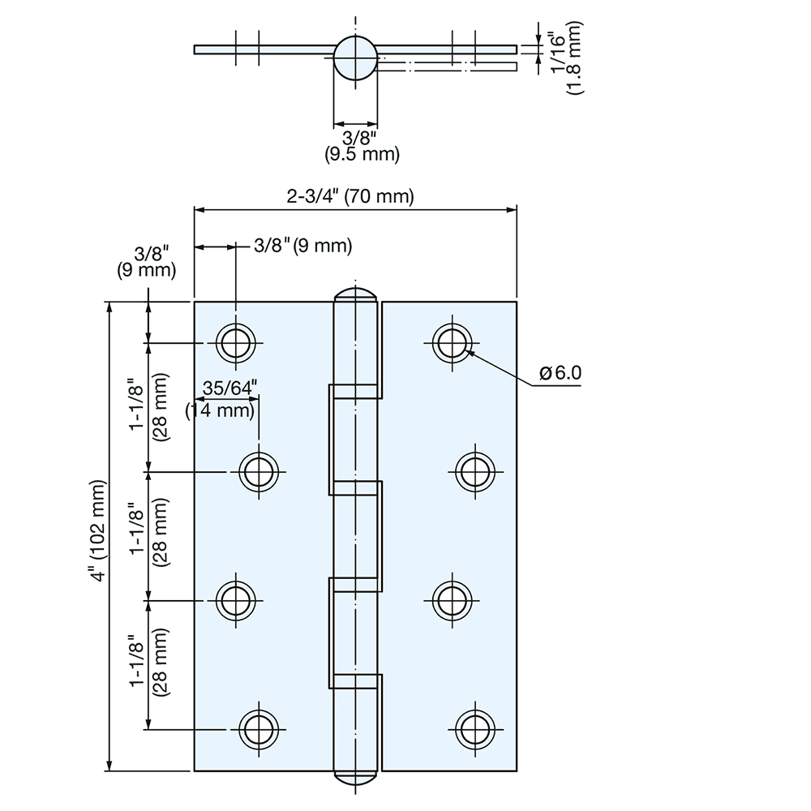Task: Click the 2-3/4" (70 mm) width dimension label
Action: click(350, 196)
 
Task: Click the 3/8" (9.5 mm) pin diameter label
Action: click(356, 145)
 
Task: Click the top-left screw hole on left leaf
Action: click(236, 343)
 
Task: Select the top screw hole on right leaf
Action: click(452, 342)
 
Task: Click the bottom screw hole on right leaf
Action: click(474, 725)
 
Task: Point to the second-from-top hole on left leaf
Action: click(260, 470)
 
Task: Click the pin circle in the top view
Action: click(355, 58)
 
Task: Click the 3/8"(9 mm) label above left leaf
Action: click(303, 245)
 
